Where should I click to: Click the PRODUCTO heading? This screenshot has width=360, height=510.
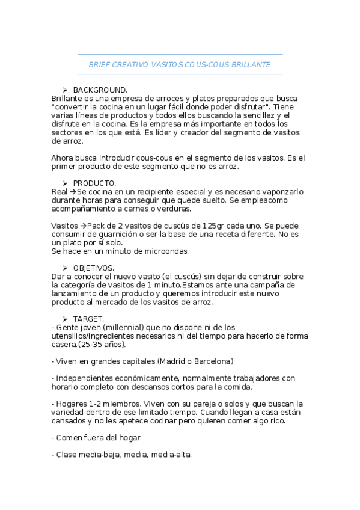pos(94,183)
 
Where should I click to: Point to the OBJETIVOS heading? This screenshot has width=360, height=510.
pos(94,268)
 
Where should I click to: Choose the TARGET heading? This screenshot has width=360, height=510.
pos(88,319)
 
